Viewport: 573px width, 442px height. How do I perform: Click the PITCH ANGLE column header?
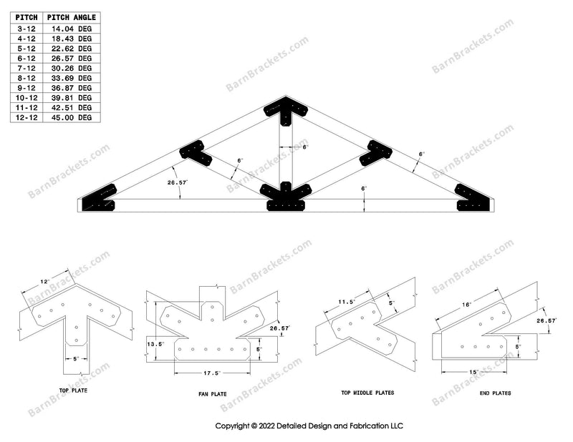click(72, 17)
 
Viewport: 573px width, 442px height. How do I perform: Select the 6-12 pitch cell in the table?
click(26, 58)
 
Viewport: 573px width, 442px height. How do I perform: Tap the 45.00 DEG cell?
click(74, 117)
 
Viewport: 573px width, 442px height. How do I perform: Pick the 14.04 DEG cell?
click(74, 29)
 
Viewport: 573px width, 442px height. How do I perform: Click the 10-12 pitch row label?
click(26, 97)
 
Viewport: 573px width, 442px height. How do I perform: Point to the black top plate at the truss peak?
click(286, 109)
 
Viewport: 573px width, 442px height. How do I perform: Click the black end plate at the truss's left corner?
click(100, 200)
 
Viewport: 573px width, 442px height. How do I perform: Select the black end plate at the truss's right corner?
click(473, 200)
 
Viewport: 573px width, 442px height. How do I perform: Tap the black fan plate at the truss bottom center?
click(286, 197)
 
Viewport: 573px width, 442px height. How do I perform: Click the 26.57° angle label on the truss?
click(177, 183)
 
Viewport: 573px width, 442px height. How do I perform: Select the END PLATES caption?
click(496, 393)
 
